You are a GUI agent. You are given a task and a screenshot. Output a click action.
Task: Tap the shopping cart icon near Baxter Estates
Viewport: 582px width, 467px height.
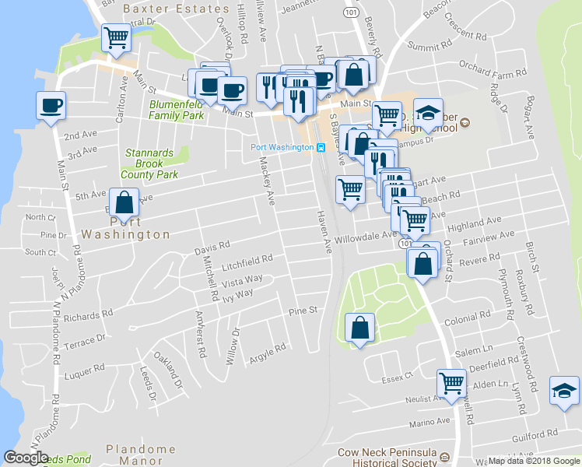click(117, 37)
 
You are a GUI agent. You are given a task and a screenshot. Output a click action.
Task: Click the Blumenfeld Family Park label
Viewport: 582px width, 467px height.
click(177, 110)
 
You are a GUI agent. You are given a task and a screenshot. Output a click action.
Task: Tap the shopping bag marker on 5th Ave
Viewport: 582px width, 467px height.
click(124, 203)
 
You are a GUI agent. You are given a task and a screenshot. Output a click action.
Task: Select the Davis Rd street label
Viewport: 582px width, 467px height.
click(212, 248)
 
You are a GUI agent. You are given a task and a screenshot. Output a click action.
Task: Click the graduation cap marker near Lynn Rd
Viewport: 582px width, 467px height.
click(564, 391)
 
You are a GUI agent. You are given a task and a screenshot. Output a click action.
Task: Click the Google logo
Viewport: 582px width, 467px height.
click(26, 458)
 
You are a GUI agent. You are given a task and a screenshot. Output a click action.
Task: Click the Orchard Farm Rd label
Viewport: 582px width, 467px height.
click(489, 65)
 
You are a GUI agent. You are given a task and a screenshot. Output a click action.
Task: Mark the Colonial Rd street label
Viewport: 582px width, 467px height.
click(465, 321)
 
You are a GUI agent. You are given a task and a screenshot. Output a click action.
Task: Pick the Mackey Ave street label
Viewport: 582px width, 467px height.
click(266, 179)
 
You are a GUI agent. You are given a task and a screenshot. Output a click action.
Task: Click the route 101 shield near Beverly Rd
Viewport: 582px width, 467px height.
click(351, 13)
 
